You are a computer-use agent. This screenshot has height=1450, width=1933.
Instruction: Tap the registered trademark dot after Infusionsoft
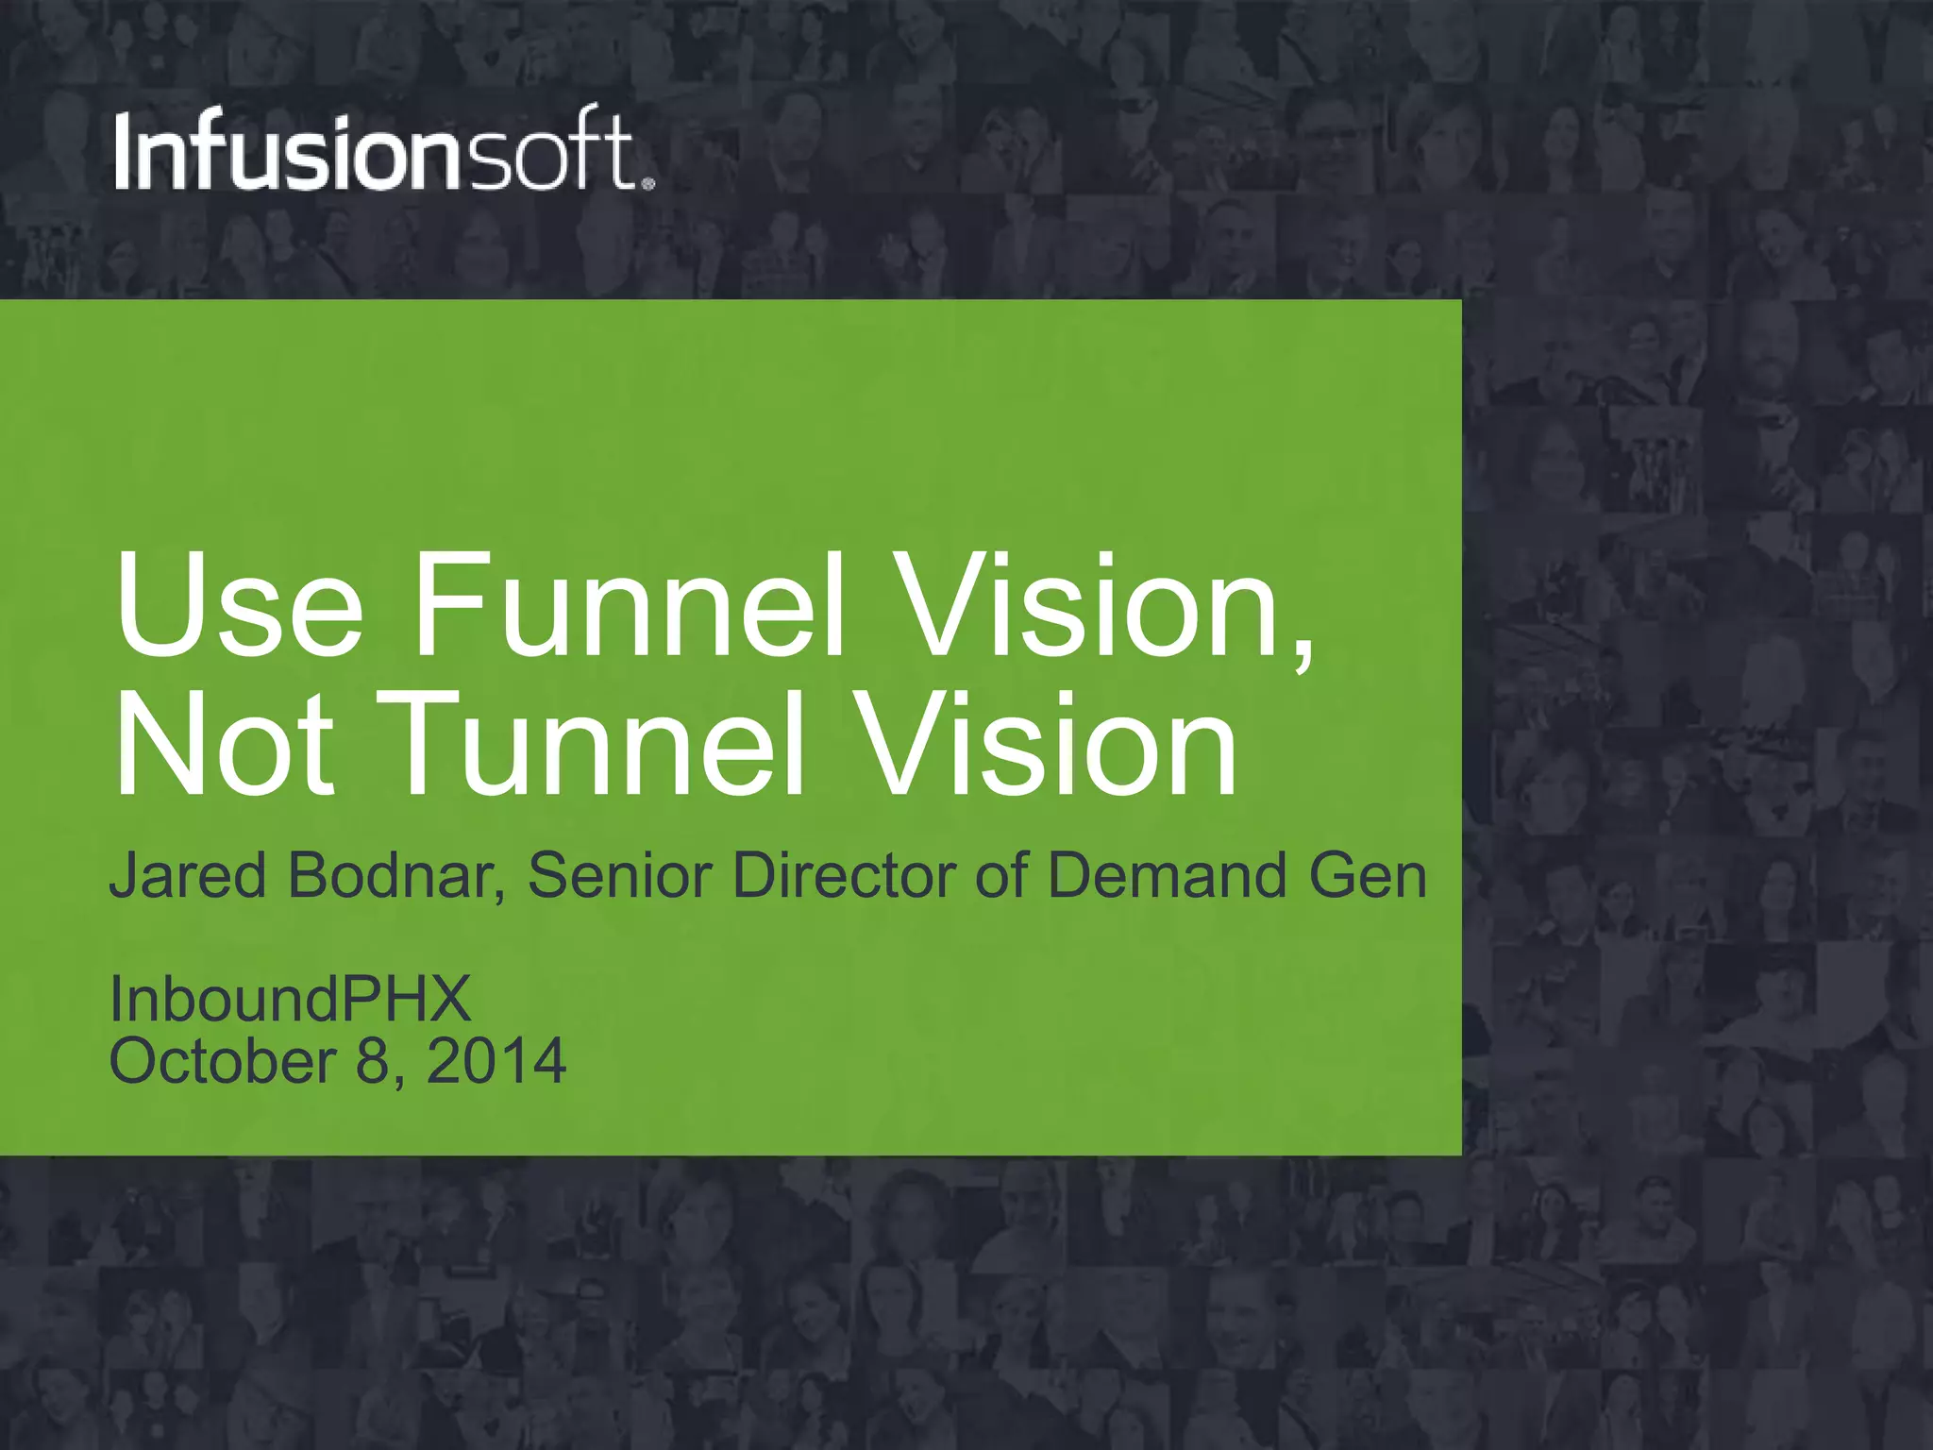tap(647, 183)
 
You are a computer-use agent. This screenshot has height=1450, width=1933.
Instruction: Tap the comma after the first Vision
tap(1303, 651)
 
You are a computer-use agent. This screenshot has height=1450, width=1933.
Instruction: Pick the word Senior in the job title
tap(619, 875)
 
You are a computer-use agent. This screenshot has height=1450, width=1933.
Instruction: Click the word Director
tap(846, 875)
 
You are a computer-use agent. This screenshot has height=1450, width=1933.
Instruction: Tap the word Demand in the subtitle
tap(1168, 875)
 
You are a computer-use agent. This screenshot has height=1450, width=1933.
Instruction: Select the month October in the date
tap(223, 1061)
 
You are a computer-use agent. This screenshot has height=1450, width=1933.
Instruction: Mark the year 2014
tap(496, 1061)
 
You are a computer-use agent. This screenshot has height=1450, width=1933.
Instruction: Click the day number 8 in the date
tap(374, 1061)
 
